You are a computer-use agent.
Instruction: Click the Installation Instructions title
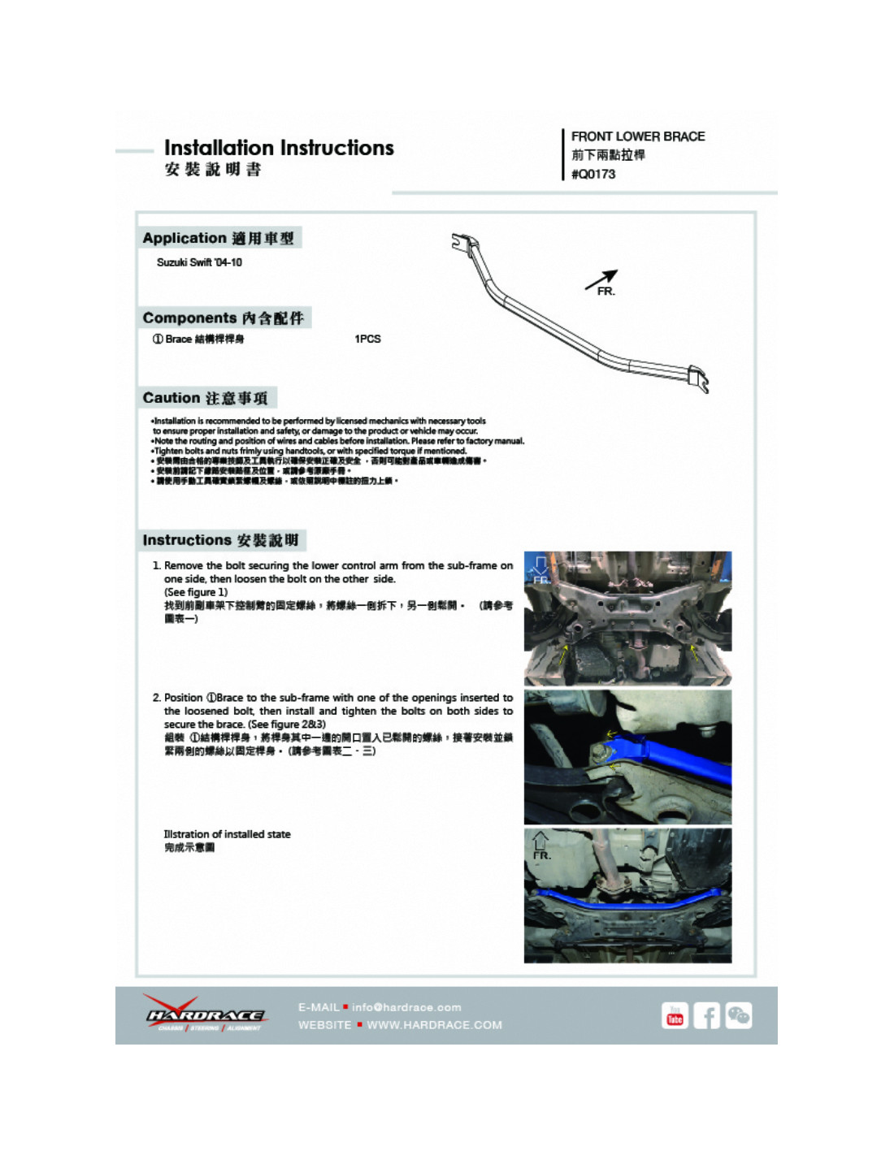(x=279, y=148)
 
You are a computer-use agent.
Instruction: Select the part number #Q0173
(x=593, y=174)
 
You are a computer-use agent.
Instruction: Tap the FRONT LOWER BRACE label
(x=637, y=136)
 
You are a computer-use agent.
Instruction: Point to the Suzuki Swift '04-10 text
(x=199, y=262)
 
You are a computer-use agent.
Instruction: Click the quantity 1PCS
(x=367, y=339)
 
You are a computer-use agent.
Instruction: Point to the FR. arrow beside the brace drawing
(x=602, y=282)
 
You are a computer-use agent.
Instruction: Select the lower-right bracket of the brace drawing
(x=698, y=379)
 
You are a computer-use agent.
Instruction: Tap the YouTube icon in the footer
(x=675, y=1015)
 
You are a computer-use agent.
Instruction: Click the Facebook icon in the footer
(x=706, y=1015)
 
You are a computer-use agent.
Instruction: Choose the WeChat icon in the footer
(x=739, y=1015)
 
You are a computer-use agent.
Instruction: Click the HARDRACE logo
(x=205, y=1014)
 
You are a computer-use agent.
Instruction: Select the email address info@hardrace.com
(x=406, y=1007)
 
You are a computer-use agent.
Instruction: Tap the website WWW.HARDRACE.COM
(x=434, y=1025)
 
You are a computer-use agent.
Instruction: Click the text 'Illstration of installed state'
(x=227, y=834)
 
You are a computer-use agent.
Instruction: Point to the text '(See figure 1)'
(x=196, y=592)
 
